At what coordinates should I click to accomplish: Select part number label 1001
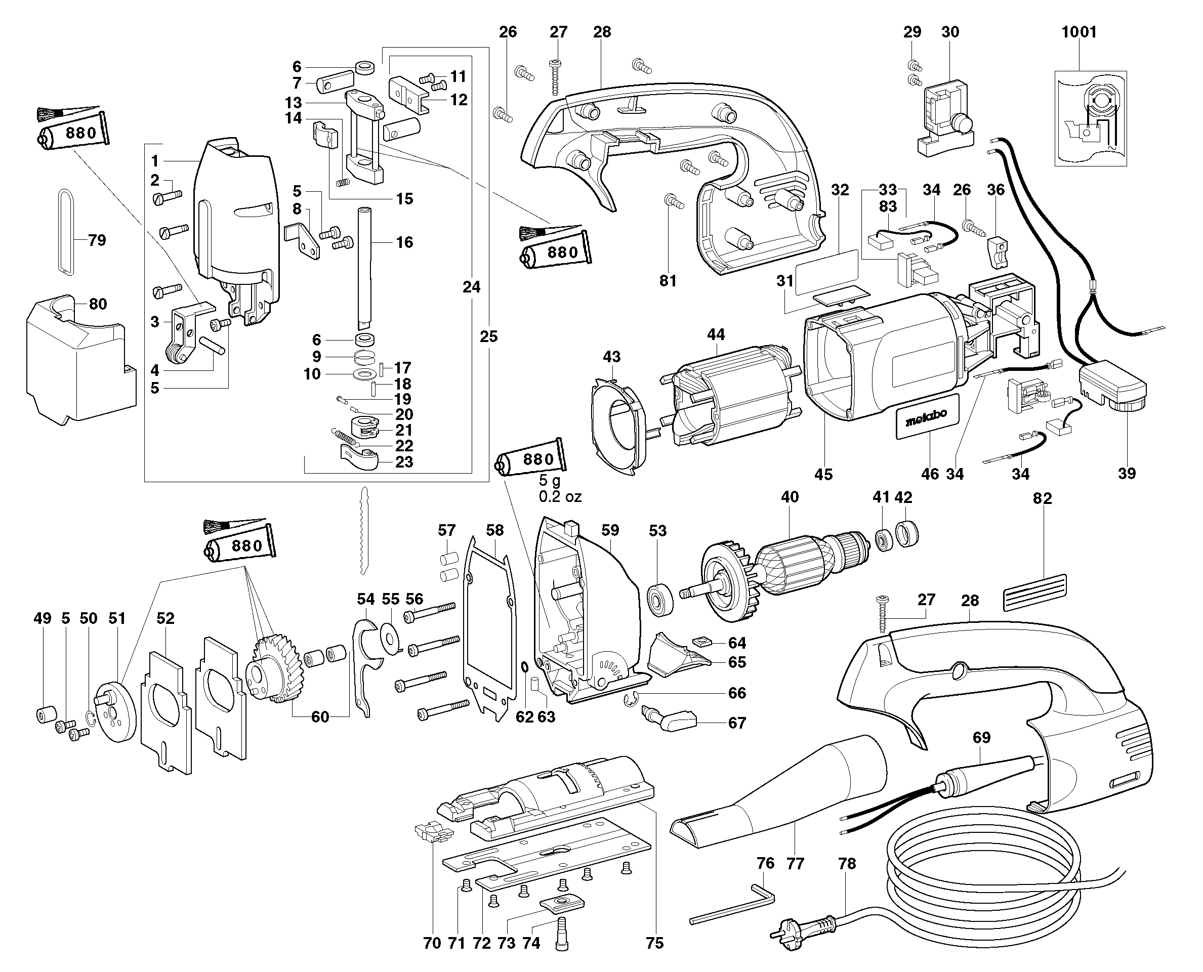pos(1078,32)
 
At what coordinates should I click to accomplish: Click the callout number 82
pos(1042,498)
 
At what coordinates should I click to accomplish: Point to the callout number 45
pos(823,474)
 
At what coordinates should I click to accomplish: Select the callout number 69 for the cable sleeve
pos(981,737)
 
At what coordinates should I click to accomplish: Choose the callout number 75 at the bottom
pos(654,943)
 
